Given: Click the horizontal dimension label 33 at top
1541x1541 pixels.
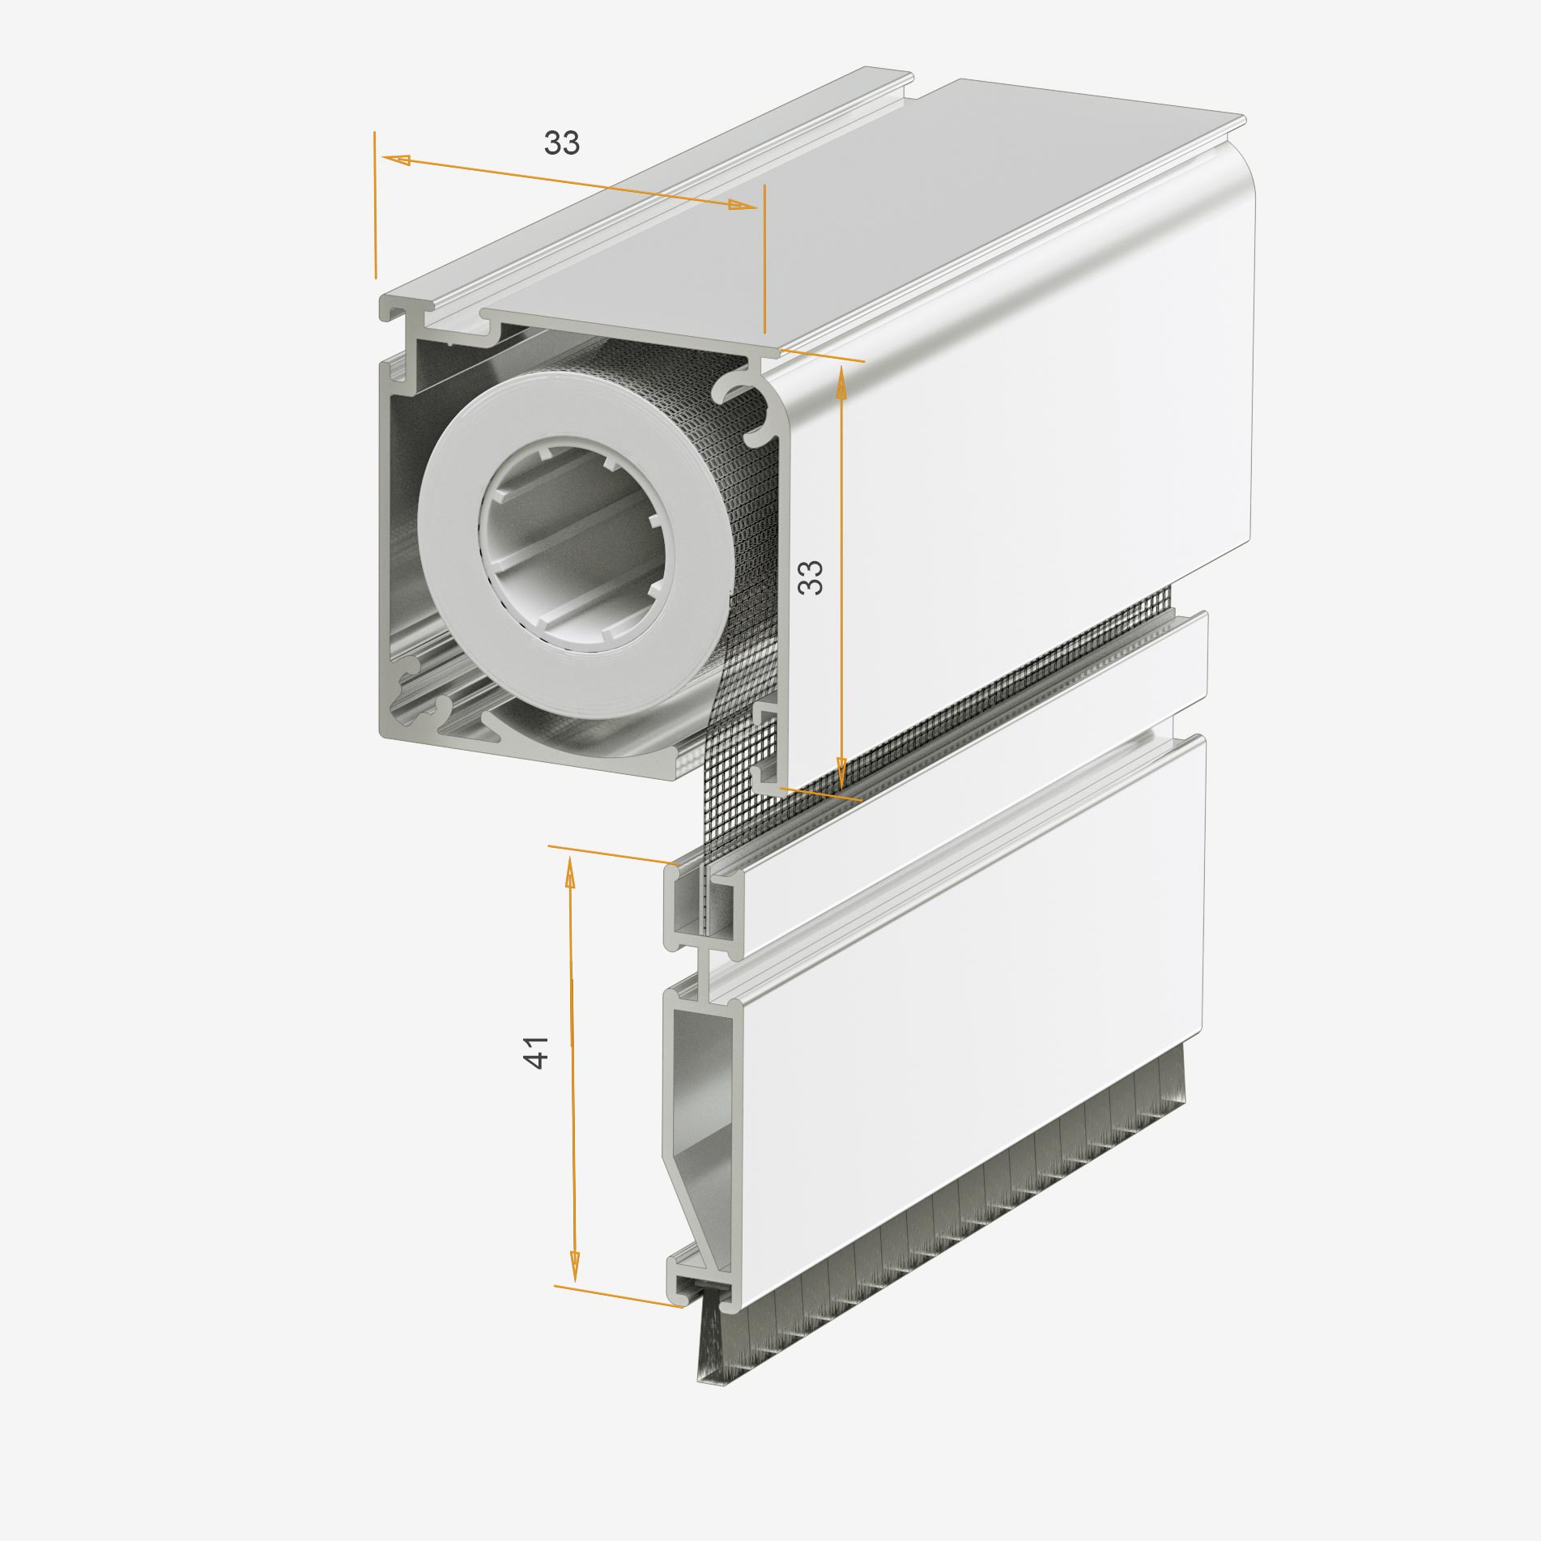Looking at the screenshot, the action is (562, 143).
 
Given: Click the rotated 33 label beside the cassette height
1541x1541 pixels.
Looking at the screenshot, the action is (811, 577).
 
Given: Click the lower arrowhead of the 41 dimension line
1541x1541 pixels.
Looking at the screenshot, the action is (575, 1288).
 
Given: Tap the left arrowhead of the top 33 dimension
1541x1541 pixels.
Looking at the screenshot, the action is (396, 160).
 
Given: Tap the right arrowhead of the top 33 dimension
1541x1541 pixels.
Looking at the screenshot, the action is (743, 206).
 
